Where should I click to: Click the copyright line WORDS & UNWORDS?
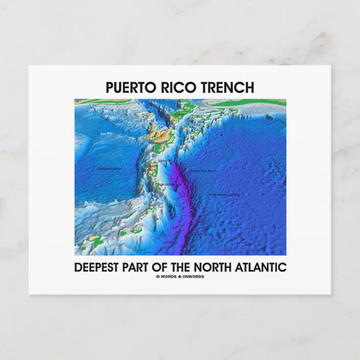click(182, 276)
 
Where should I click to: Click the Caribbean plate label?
click(109, 168)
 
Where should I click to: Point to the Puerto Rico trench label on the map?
click(203, 171)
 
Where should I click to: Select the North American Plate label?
click(225, 195)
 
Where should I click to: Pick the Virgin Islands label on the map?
click(165, 184)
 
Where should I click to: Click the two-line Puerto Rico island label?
click(153, 167)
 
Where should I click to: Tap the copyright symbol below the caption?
click(157, 276)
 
